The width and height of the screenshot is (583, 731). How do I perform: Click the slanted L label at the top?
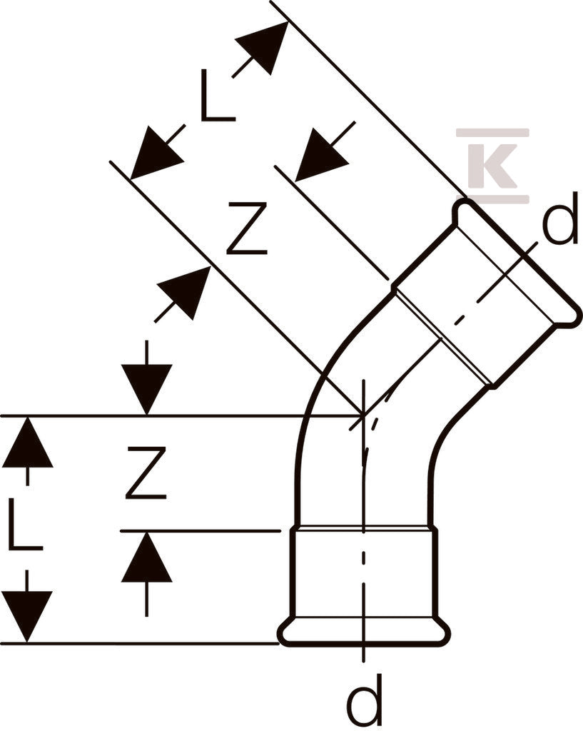217,96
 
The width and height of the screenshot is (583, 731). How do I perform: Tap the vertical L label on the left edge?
26,525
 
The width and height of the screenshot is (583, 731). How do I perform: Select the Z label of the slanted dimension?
247,228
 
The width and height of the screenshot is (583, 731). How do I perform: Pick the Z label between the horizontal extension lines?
146,473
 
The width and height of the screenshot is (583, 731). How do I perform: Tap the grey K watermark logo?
493,166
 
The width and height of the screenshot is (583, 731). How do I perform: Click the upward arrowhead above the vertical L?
28,442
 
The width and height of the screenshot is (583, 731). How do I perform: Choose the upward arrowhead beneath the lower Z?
147,557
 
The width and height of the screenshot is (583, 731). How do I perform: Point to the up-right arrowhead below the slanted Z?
184,293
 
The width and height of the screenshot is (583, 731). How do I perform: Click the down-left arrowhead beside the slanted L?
156,153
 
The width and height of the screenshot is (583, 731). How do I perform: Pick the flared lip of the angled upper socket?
518,261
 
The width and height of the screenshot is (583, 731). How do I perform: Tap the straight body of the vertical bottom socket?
364,573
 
